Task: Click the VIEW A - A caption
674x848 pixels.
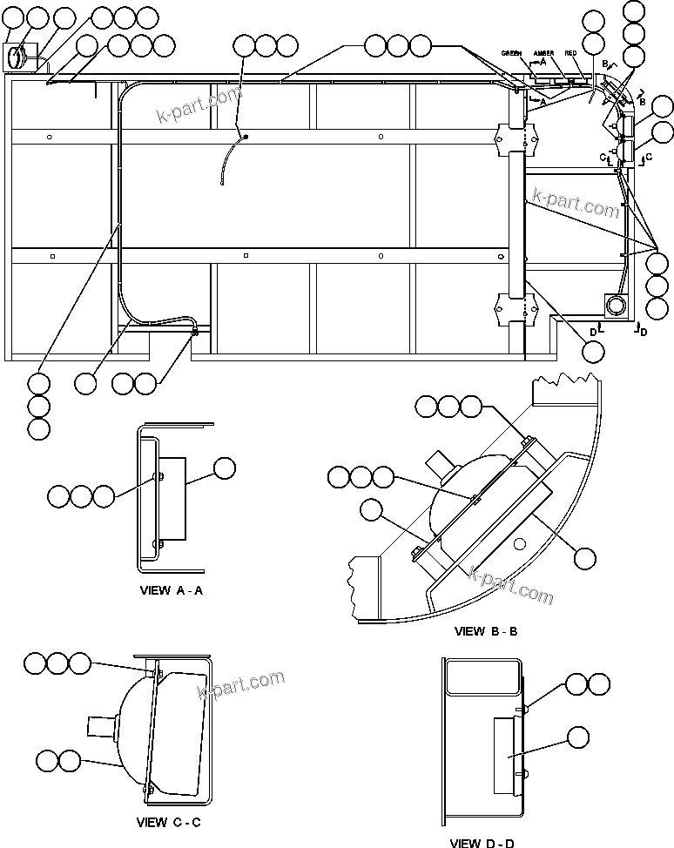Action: point(172,589)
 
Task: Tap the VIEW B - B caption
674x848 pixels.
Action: point(485,630)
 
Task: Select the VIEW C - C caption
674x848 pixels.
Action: point(170,822)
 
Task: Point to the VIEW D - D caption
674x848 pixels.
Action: point(482,842)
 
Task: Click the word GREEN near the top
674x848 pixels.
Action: point(511,54)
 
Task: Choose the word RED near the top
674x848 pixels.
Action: point(570,54)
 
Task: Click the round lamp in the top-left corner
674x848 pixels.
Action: point(17,58)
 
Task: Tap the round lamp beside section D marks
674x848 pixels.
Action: point(617,305)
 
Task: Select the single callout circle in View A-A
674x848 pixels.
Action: point(225,468)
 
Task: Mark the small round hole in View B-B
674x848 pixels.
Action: point(519,545)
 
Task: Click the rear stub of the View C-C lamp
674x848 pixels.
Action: point(98,725)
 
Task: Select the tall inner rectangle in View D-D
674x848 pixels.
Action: point(507,756)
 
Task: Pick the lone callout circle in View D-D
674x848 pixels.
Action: point(577,738)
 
